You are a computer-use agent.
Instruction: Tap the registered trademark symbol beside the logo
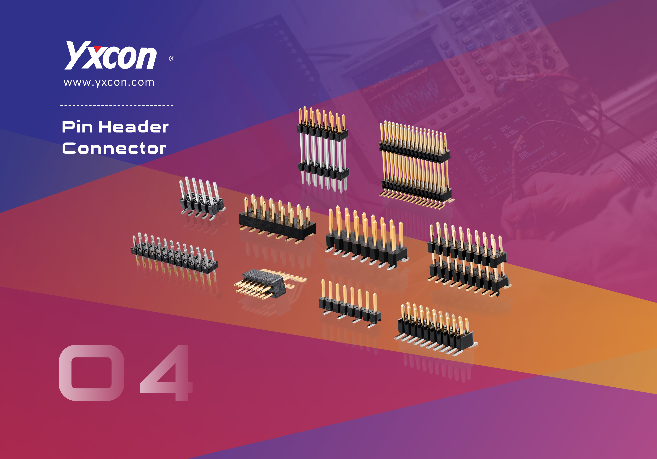point(172,59)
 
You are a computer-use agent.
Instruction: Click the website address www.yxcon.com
point(109,82)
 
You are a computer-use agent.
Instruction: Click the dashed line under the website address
point(117,105)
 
